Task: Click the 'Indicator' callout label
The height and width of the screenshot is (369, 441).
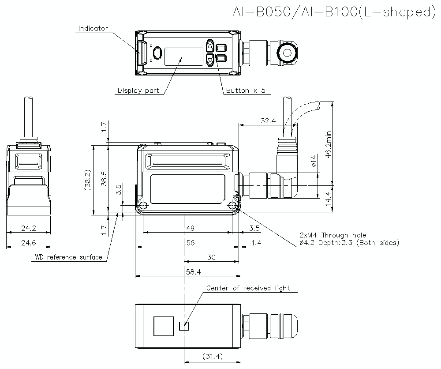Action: coord(93,29)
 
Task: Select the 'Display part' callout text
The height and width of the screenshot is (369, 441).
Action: coord(138,91)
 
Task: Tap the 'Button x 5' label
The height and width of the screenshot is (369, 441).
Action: coord(246,91)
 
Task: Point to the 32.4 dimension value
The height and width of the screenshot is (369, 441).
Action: coord(268,120)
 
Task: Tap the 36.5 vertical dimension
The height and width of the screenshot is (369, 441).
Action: coord(104,180)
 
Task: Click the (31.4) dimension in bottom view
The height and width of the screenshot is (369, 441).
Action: coord(212,356)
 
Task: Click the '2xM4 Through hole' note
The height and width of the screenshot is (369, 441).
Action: coord(333,235)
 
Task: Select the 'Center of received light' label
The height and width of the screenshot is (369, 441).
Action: coord(248,288)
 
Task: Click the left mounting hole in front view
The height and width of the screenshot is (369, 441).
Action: coord(142,206)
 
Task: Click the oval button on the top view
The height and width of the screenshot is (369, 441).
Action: coord(157,53)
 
